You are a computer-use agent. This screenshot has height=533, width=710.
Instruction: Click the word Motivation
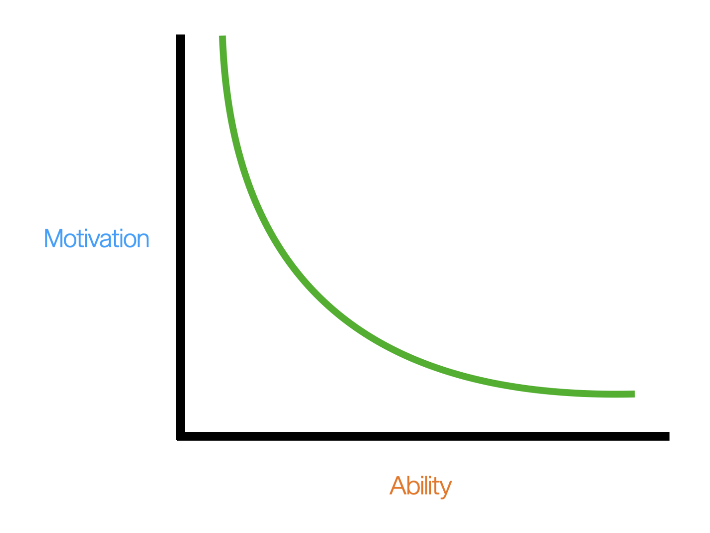point(97,239)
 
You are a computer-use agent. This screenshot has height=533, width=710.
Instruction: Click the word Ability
point(420,486)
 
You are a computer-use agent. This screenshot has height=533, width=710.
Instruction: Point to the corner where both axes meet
point(181,436)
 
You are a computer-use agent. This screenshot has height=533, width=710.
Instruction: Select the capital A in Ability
point(398,485)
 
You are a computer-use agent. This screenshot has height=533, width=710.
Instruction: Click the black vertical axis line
point(181,231)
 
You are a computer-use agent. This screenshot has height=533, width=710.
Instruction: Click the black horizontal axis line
point(416,436)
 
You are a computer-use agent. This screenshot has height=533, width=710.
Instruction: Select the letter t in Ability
point(436,486)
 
